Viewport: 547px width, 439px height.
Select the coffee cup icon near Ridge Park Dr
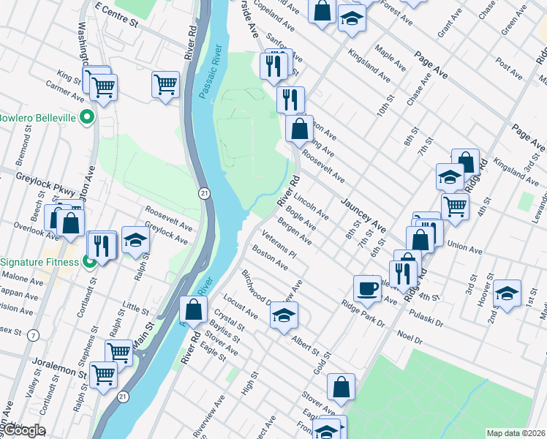[367, 288]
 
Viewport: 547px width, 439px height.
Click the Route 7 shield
[34, 336]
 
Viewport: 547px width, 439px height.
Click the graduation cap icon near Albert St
[284, 316]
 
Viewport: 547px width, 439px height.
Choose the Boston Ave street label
[269, 258]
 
